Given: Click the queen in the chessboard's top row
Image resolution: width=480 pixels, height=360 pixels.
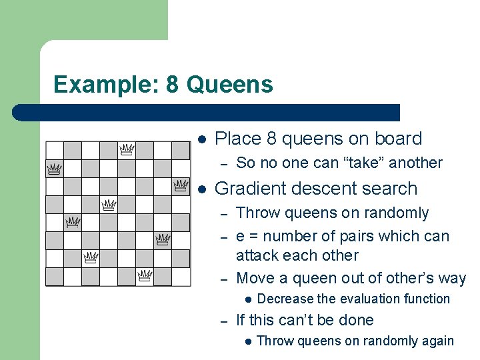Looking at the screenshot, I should tap(127, 149).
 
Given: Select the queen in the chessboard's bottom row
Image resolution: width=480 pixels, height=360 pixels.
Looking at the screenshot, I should tap(145, 275).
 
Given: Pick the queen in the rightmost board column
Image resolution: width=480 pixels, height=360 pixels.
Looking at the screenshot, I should tap(181, 185).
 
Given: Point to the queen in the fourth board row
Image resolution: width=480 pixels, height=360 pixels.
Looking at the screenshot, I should tap(109, 204).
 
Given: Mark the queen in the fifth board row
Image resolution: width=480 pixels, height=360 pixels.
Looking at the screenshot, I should tap(73, 221).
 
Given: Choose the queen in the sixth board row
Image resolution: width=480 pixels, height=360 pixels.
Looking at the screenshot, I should tap(162, 239).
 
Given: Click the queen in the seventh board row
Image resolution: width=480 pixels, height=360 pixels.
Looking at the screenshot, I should tap(91, 257).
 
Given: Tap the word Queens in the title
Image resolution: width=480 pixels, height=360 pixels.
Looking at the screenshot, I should tap(230, 85).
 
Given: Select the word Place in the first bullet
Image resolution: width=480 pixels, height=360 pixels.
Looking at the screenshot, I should tap(238, 139).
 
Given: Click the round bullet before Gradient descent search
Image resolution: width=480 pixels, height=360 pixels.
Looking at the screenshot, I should tap(202, 189).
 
